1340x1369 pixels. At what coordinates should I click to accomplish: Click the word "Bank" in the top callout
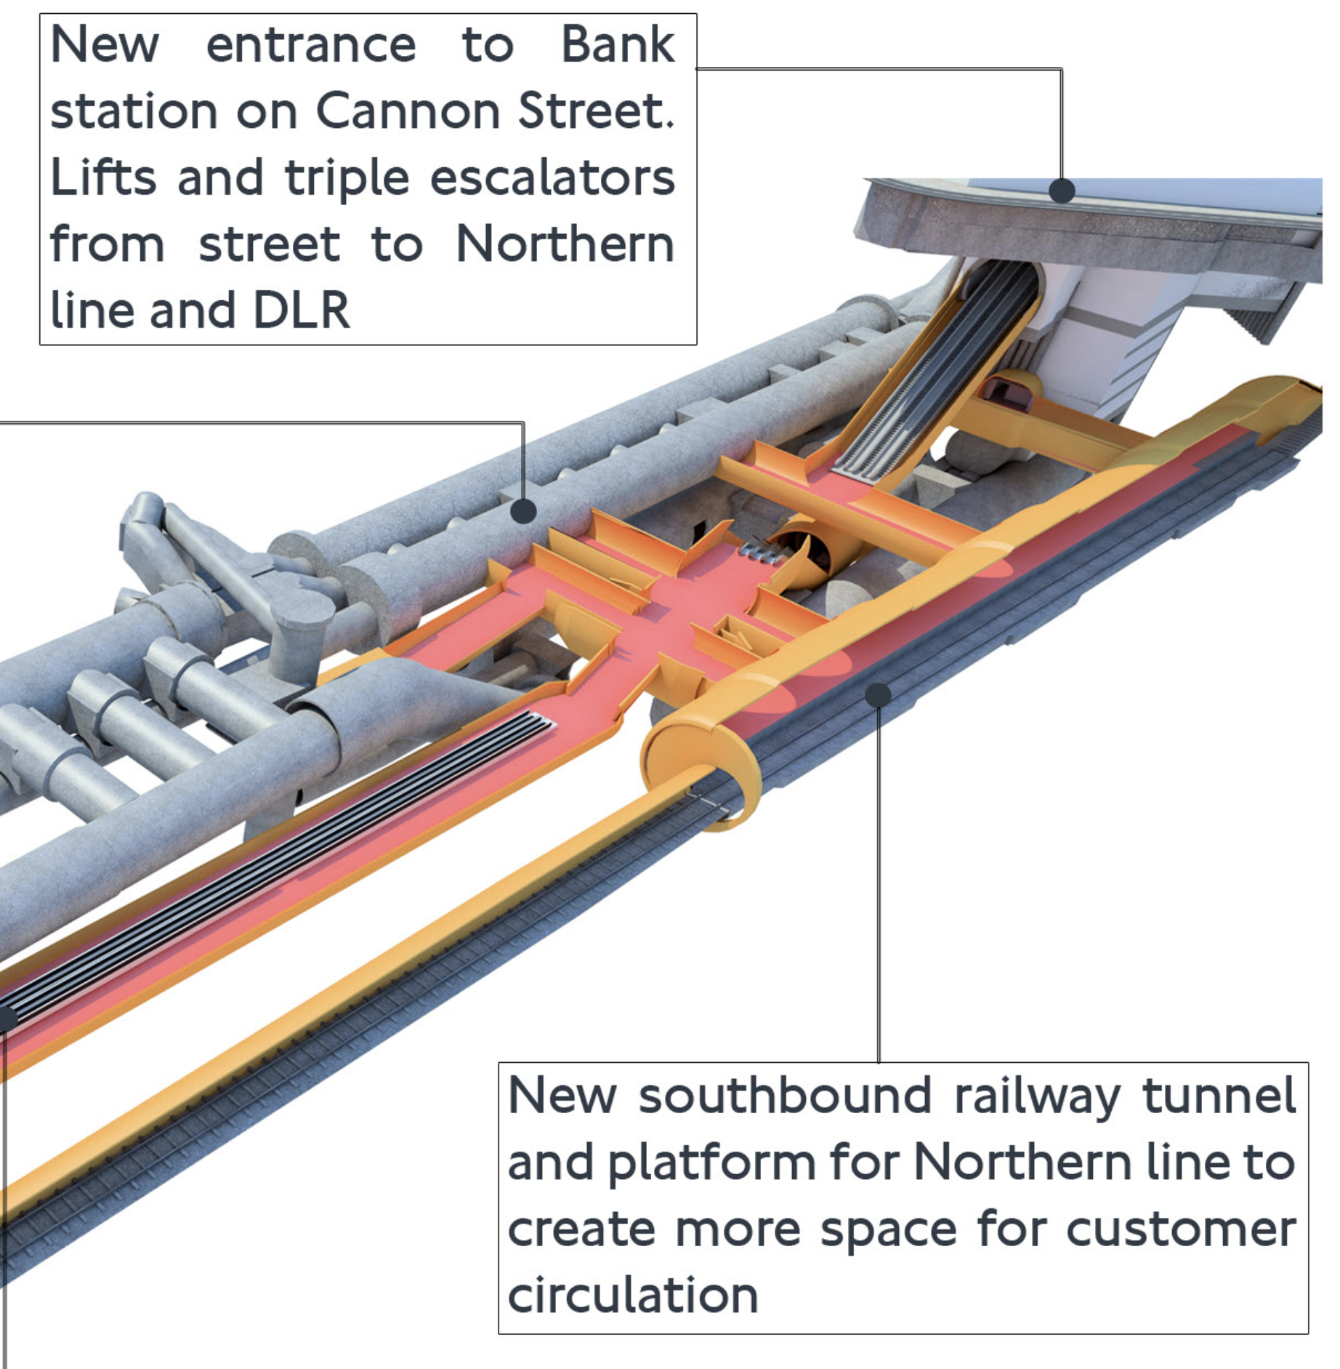[x=617, y=45]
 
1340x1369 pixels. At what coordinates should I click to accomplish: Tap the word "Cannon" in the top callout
[x=408, y=111]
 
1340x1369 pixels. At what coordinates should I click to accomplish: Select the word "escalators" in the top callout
[x=552, y=178]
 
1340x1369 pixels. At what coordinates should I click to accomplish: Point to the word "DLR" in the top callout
[x=301, y=311]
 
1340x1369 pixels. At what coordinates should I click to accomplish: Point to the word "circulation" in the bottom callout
[x=632, y=1296]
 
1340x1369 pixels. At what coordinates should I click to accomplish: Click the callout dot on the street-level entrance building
[x=1062, y=191]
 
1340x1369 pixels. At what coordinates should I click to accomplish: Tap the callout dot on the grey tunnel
[x=523, y=511]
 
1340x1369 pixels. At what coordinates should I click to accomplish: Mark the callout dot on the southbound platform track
[x=878, y=695]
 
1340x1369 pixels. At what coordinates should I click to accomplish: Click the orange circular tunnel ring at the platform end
[x=698, y=771]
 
